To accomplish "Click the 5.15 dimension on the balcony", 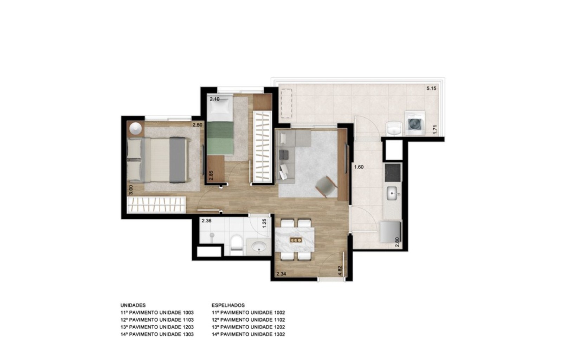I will [431, 88].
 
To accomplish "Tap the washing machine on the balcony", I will [415, 123].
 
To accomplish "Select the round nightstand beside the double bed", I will [136, 129].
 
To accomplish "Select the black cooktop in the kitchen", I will [393, 172].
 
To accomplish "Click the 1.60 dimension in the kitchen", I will [359, 167].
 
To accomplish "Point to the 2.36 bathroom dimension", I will [206, 221].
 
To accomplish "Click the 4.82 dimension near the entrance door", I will [340, 270].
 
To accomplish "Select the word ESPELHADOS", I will [228, 305].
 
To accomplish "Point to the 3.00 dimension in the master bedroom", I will [131, 190].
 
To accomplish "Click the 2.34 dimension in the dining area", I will [281, 274].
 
